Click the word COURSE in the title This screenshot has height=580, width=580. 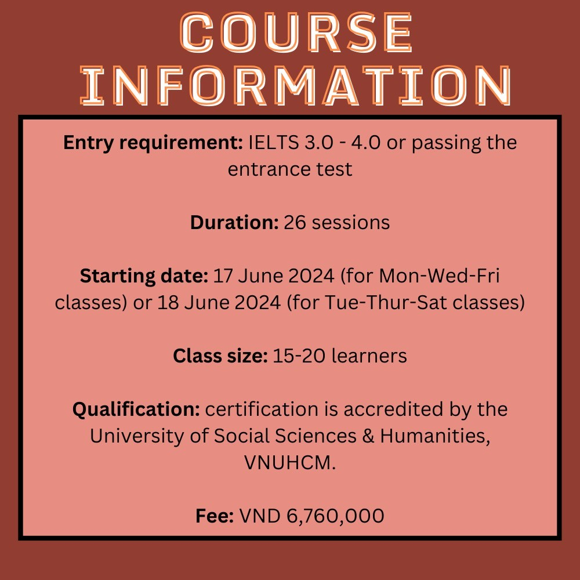point(296,32)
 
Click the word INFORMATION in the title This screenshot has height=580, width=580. point(296,85)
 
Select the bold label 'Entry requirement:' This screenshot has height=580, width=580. point(153,143)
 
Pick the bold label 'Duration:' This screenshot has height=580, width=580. point(234,222)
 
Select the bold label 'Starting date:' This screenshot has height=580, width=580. point(144,276)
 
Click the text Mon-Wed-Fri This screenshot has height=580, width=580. point(439,276)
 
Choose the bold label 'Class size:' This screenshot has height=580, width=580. point(220,356)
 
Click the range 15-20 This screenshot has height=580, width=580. point(299,356)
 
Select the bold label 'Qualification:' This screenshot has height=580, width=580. point(136,409)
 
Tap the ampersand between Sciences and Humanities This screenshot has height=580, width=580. point(368,436)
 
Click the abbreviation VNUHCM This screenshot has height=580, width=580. point(289,462)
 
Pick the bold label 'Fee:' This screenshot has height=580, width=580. point(215,516)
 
